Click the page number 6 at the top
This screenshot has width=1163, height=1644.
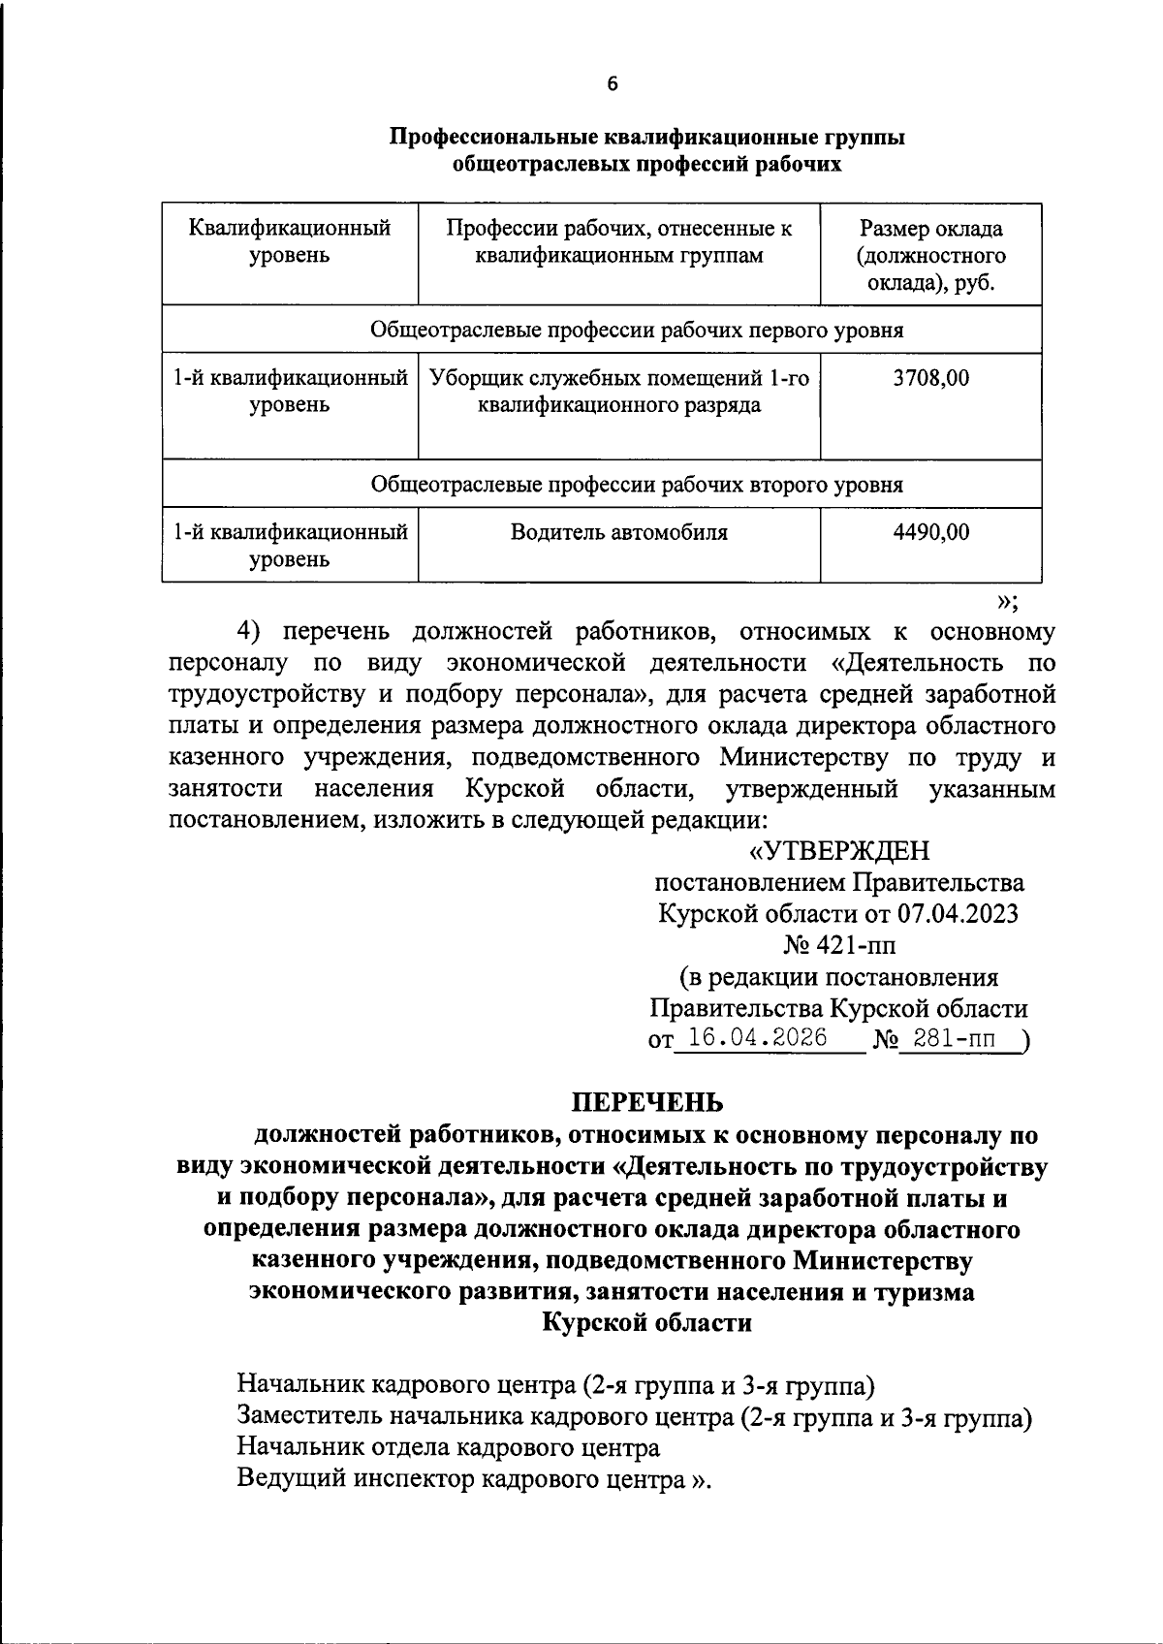612,83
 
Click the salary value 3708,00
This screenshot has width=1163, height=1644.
930,378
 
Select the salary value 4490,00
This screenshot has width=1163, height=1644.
930,532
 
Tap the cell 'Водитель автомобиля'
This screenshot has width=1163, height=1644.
619,532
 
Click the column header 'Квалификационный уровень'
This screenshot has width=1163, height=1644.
290,242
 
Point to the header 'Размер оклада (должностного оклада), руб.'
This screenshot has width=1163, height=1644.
930,256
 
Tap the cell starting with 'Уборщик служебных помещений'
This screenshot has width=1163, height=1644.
619,392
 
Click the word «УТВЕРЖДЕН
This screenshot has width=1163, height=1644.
839,851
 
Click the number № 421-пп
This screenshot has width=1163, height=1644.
839,945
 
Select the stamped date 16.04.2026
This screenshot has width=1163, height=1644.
751,1038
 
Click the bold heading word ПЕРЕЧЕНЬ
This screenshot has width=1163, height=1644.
645,1102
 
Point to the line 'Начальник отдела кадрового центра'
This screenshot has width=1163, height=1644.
449,1448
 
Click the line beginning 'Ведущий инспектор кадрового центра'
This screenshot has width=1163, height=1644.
474,1480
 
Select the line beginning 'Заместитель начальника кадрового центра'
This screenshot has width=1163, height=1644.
635,1417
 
